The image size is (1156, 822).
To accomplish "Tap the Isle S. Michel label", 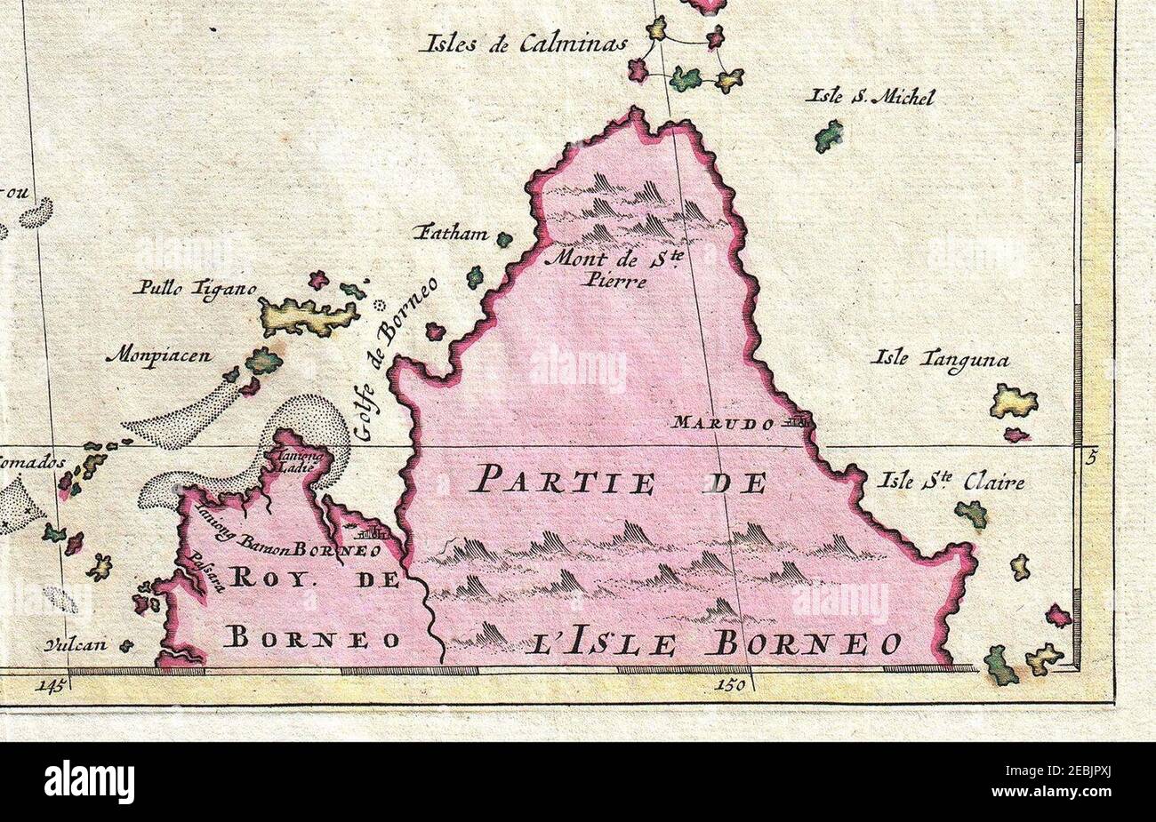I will tap(869, 98).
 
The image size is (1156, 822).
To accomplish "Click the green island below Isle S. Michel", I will tap(829, 136).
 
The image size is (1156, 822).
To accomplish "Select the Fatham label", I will tap(451, 235).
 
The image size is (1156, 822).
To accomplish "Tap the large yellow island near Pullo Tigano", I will tap(307, 315).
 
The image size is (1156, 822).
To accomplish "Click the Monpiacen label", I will tap(158, 356).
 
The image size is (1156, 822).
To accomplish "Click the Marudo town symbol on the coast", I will tap(796, 423).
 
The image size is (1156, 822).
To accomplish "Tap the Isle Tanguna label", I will tap(941, 360).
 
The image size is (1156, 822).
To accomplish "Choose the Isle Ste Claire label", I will tap(950, 483).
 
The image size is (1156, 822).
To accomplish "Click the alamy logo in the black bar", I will tap(89, 782).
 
